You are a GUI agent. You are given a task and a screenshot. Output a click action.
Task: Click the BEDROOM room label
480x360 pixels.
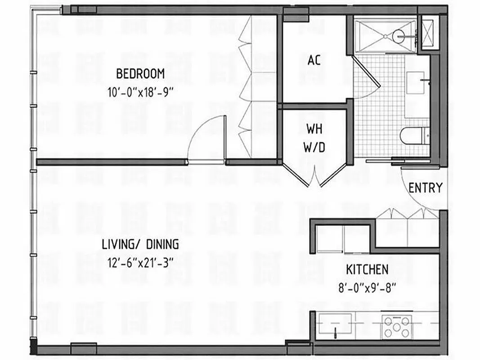(140, 73)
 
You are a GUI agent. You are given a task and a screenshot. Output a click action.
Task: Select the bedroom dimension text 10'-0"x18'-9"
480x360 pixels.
(140, 93)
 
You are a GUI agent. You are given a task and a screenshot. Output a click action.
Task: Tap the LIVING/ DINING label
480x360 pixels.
(140, 244)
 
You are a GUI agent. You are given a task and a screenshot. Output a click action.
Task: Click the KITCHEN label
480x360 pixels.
(367, 270)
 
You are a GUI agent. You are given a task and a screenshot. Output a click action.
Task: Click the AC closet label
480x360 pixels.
(314, 60)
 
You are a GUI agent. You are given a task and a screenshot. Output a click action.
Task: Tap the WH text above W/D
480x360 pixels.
(314, 129)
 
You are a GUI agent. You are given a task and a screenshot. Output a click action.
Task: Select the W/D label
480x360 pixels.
(314, 147)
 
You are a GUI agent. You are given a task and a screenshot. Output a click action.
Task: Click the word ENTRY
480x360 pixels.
(426, 188)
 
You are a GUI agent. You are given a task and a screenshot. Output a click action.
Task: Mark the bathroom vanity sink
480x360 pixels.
(418, 83)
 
